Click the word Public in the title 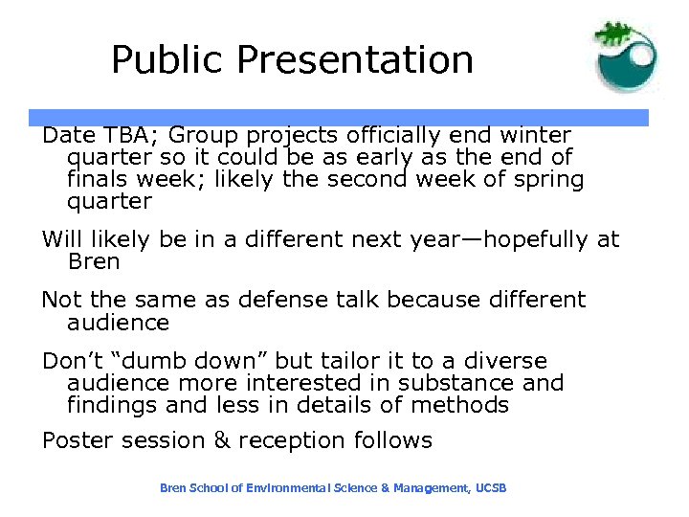[x=168, y=60]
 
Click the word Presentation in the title [x=355, y=60]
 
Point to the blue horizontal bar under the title [x=344, y=118]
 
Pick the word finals [x=97, y=180]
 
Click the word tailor [x=349, y=361]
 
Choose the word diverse [x=505, y=361]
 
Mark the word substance [x=459, y=383]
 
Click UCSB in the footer [x=491, y=488]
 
